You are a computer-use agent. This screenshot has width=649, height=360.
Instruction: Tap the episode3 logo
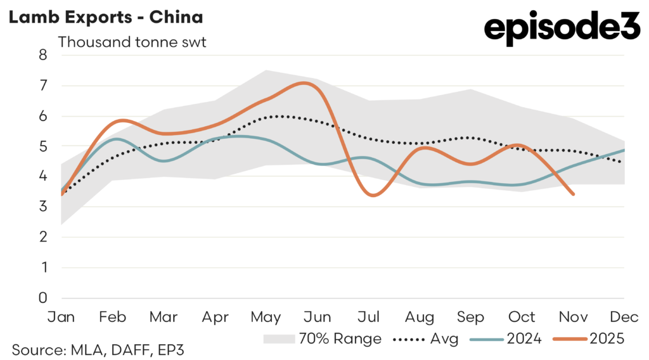tap(562, 30)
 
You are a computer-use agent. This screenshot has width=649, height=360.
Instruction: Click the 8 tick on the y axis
tap(43, 55)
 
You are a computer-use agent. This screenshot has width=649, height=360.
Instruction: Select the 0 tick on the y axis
tap(43, 298)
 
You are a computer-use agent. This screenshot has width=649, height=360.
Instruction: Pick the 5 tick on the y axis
tap(43, 146)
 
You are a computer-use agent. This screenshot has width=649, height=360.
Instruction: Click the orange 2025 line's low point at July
tap(372, 195)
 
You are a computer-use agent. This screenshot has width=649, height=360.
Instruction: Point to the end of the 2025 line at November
tap(573, 194)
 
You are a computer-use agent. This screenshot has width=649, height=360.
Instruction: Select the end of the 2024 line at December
tap(624, 150)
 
